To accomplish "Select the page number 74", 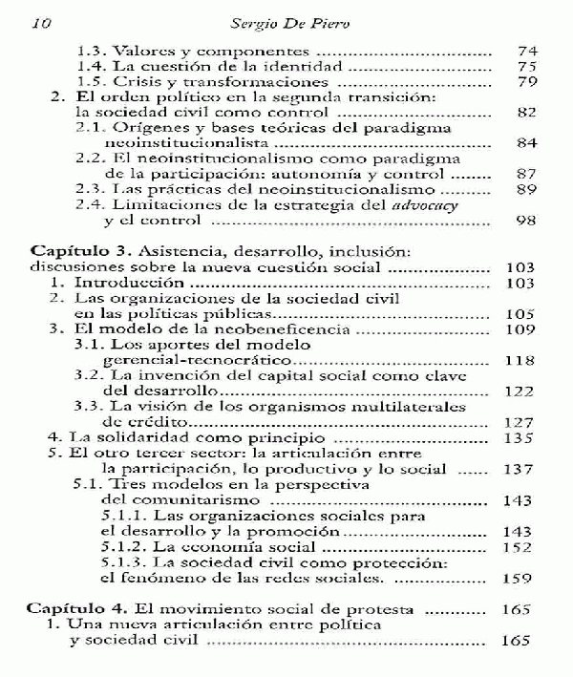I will [x=525, y=52].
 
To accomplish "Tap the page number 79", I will [x=525, y=83].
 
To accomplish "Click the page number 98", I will [x=525, y=222].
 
